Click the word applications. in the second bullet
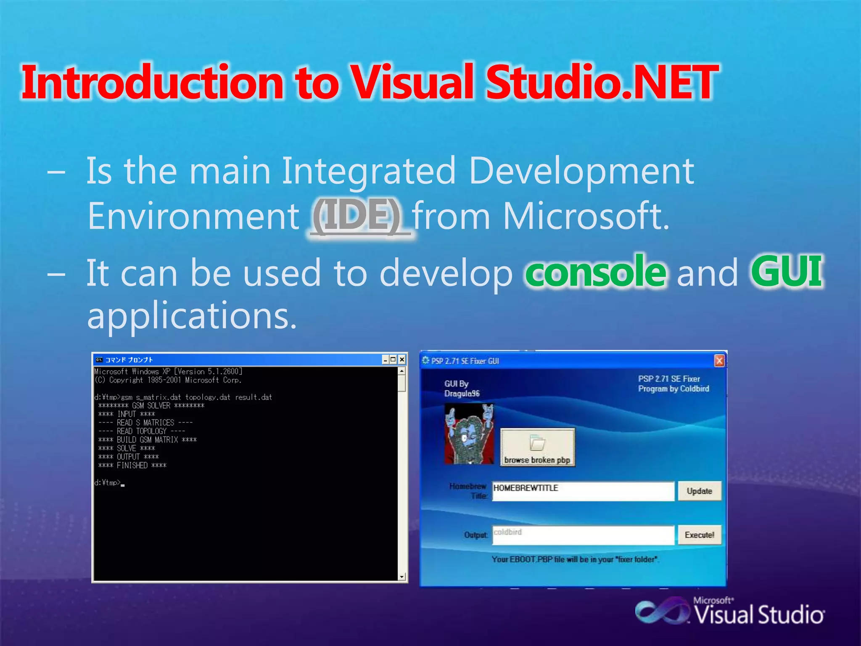tap(192, 316)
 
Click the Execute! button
tap(699, 535)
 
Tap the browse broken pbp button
tap(537, 447)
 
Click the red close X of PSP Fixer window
tap(719, 361)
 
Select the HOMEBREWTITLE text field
tap(583, 491)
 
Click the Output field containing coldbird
tap(583, 535)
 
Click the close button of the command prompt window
tap(402, 360)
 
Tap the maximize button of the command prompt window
tap(393, 360)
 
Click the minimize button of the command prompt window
tap(385, 360)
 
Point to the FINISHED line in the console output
tap(133, 466)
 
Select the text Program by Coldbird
tap(673, 389)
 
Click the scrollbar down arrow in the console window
tap(402, 577)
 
